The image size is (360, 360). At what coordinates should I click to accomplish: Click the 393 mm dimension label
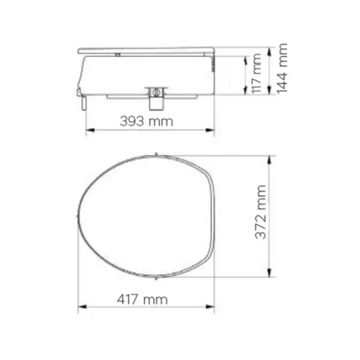coord(147,121)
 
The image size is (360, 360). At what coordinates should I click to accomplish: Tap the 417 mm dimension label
coord(142,300)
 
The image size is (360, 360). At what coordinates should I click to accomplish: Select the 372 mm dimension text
coord(260,212)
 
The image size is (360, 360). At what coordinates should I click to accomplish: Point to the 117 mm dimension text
coord(256,74)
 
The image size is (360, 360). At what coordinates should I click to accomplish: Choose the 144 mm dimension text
coord(282,68)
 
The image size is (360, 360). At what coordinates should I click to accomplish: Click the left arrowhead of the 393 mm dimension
coord(90,130)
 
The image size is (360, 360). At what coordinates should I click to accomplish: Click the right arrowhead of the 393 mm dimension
coord(210,130)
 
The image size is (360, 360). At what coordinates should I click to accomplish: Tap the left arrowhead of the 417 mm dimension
coord(82,306)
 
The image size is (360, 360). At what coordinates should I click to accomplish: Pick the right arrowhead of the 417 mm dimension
coord(210,306)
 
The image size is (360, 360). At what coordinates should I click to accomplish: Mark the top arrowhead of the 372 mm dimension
coord(270,160)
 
